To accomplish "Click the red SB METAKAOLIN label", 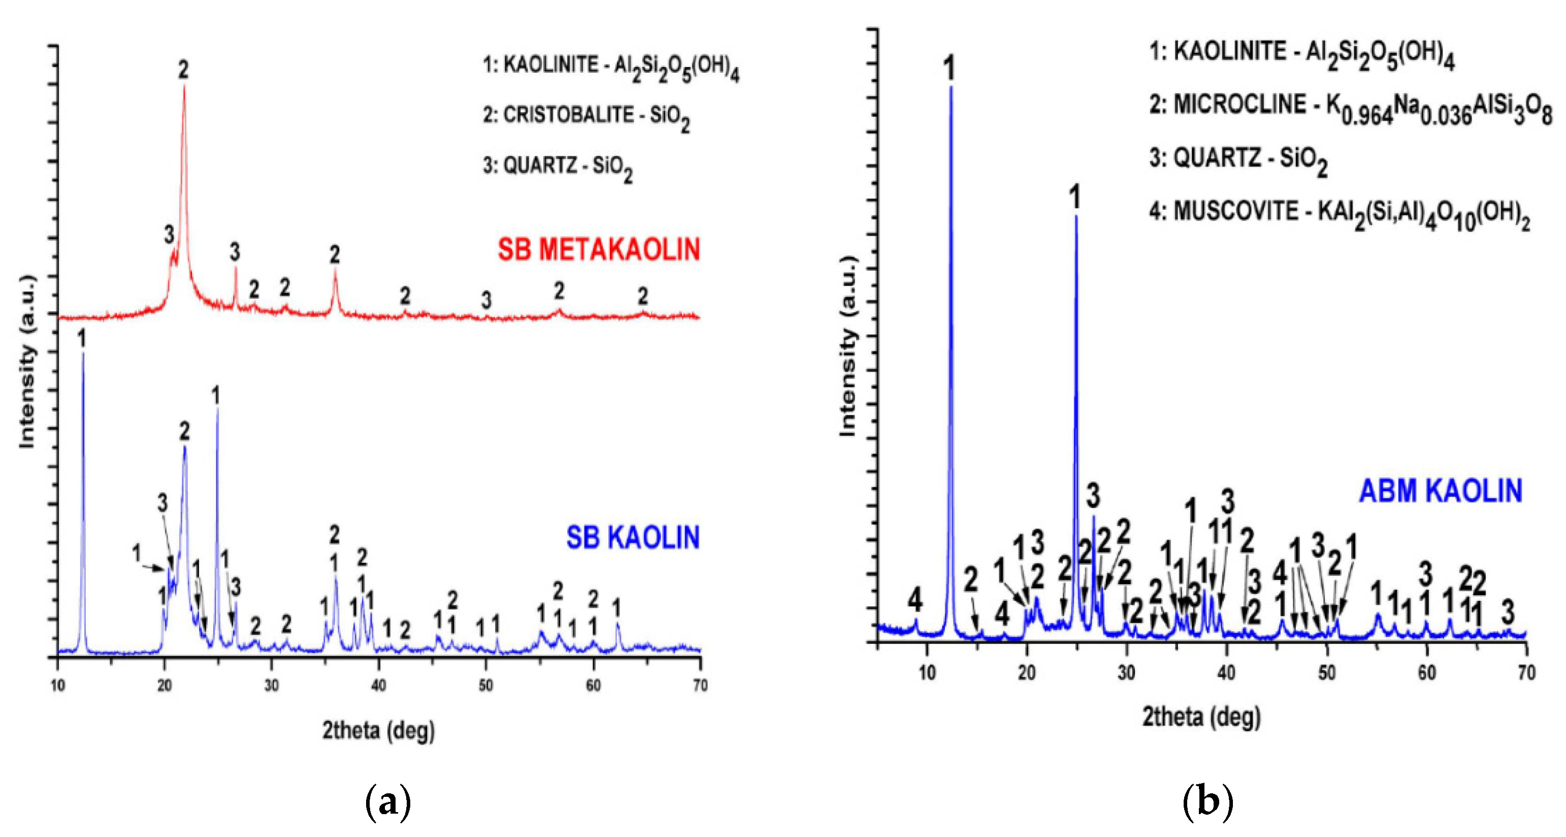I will click(x=599, y=250).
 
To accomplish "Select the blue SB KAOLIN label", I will click(x=633, y=538).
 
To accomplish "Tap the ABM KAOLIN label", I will click(x=1440, y=491).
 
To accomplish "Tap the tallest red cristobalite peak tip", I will click(x=184, y=86).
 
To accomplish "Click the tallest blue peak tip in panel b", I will click(x=951, y=87).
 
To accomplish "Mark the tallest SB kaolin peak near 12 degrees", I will click(x=83, y=352).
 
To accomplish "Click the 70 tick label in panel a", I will click(x=700, y=686).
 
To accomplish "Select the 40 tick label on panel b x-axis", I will click(x=1227, y=673).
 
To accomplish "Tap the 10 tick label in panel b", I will click(x=927, y=673).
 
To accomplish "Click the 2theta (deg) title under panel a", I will click(x=378, y=730).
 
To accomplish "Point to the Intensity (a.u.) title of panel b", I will click(x=847, y=346).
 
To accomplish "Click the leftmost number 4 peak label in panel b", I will click(x=915, y=600).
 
